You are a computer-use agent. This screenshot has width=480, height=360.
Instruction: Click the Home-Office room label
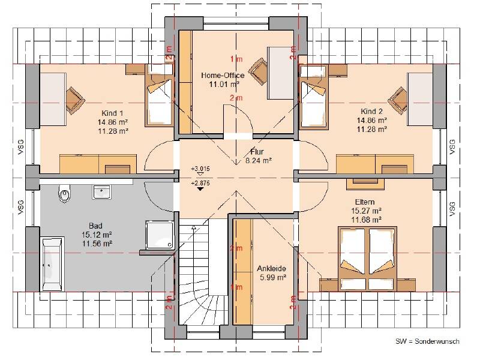click(x=223, y=76)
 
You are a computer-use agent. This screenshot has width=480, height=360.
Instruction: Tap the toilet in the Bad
click(x=64, y=193)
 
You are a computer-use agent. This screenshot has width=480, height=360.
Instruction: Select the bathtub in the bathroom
click(x=52, y=264)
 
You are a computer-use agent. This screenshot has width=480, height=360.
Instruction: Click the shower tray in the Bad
click(x=159, y=235)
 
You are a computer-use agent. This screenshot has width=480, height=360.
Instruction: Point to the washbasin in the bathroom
click(x=101, y=192)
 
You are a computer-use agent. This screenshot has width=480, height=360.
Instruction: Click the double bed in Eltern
click(x=367, y=259)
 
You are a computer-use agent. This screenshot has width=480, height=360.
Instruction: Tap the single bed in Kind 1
click(x=159, y=95)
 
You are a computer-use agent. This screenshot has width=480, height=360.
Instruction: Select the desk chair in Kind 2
click(x=398, y=100)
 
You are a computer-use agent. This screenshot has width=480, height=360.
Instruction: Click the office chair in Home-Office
click(x=258, y=71)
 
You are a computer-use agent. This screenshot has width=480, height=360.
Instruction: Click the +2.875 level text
click(x=200, y=183)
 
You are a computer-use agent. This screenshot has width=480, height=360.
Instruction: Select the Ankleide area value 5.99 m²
click(x=273, y=277)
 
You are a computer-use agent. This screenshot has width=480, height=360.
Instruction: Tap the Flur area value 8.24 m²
click(x=259, y=160)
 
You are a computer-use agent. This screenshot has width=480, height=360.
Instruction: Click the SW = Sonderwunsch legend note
click(x=427, y=341)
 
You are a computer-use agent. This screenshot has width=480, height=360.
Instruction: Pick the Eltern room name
click(x=365, y=202)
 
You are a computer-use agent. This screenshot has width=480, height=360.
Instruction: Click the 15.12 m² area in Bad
click(x=97, y=235)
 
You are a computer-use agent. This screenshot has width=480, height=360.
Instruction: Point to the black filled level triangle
click(x=200, y=189)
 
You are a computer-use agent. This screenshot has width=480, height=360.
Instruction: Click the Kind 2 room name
click(x=371, y=111)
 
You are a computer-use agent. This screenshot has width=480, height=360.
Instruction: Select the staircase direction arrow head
click(x=193, y=227)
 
